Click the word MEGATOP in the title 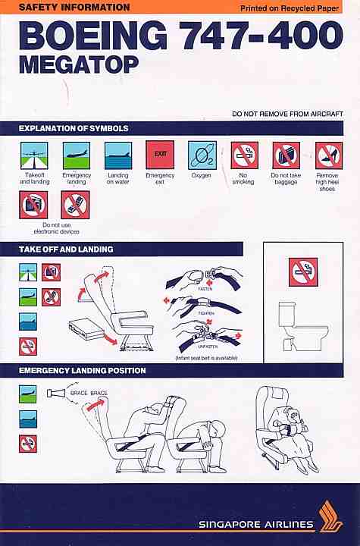(x=79, y=64)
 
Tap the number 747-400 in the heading (x=263, y=35)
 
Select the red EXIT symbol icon (x=160, y=155)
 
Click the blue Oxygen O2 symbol (x=202, y=155)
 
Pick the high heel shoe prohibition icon (x=329, y=155)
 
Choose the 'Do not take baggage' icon (x=286, y=155)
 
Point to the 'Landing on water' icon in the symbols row (x=118, y=155)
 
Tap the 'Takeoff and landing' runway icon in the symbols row (x=34, y=155)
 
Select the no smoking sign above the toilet (x=303, y=272)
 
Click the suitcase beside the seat (x=86, y=330)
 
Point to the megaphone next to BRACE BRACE (x=56, y=393)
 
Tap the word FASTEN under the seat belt (x=205, y=289)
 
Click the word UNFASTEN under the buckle (x=208, y=347)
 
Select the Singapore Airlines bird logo (x=330, y=516)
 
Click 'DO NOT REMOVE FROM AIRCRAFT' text (x=287, y=114)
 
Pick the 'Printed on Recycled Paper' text (x=290, y=8)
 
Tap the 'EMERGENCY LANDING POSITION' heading (x=83, y=370)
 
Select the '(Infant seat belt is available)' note (x=206, y=358)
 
